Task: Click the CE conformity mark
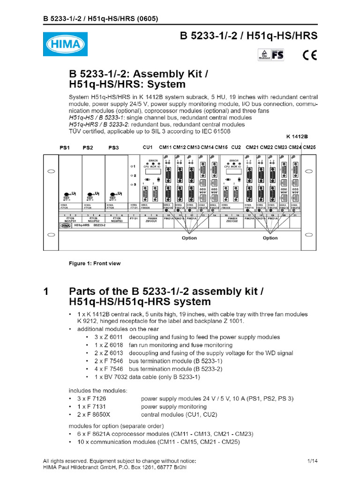(x=309, y=55)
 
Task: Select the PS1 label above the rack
(x=65, y=147)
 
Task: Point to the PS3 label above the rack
(x=114, y=147)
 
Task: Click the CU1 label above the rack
(x=148, y=147)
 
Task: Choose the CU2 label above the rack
(x=236, y=147)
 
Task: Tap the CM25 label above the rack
(x=309, y=147)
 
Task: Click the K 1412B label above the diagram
(x=297, y=136)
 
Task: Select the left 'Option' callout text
(x=189, y=238)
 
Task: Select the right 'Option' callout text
(x=270, y=238)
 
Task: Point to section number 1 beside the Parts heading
(x=46, y=291)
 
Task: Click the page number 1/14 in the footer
(x=313, y=461)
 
